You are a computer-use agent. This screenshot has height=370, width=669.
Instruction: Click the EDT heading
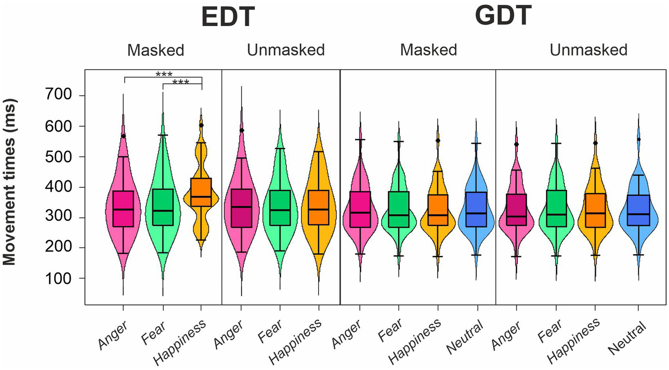228,17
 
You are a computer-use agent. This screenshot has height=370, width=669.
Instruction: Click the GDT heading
503,15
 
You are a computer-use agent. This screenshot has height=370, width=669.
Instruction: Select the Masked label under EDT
156,50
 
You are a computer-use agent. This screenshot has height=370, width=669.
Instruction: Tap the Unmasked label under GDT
588,50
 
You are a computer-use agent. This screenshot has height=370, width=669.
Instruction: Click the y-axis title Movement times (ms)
10,182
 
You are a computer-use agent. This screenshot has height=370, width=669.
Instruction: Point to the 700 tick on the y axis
60,95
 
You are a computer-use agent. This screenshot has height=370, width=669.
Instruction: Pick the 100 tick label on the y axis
60,278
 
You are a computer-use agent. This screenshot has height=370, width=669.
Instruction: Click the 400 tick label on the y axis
60,187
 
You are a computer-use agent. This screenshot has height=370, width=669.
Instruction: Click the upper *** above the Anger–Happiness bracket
164,75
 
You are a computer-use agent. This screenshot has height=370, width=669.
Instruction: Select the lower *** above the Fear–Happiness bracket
180,82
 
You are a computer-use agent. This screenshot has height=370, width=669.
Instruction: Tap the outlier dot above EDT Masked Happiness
201,125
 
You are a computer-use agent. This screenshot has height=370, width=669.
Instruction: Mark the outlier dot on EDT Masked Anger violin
123,136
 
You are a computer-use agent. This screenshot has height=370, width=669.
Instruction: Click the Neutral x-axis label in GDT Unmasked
627,338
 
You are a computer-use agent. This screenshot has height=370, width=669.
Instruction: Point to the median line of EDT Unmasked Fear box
280,210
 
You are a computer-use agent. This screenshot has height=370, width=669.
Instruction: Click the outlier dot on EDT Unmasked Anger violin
241,130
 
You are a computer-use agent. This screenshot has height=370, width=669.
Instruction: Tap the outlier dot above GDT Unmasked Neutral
638,139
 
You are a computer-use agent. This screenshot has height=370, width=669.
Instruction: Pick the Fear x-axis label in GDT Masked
390,331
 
